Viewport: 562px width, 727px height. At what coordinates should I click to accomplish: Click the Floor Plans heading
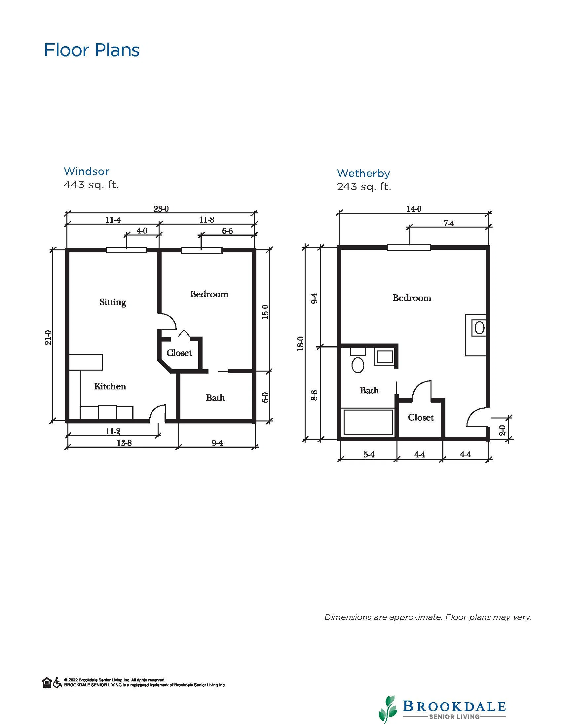92,50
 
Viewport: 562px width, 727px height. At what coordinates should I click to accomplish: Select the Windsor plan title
87,171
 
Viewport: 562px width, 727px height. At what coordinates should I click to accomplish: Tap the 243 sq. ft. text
364,187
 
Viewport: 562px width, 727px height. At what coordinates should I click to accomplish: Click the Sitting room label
113,302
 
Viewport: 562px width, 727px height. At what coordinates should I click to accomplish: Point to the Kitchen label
110,386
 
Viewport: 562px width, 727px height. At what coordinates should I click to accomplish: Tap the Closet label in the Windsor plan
179,353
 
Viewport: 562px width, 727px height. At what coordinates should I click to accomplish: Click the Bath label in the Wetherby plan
369,390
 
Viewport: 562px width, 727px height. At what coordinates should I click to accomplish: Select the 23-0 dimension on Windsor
161,209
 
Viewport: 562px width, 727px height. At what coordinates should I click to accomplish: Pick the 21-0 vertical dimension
48,337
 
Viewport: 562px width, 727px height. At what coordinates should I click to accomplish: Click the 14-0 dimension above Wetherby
414,209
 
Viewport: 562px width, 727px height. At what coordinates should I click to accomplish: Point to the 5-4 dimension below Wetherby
369,454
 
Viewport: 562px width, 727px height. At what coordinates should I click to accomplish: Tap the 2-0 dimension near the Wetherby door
503,430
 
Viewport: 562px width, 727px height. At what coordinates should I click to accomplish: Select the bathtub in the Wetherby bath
368,422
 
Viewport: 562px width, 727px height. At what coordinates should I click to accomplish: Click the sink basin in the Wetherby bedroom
479,328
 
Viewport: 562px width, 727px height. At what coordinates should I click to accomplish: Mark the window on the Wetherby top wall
409,247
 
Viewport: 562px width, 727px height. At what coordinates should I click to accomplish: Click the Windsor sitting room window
126,250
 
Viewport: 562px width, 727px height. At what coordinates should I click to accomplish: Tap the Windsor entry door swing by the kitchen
157,413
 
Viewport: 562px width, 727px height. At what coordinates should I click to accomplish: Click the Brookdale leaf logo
388,709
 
